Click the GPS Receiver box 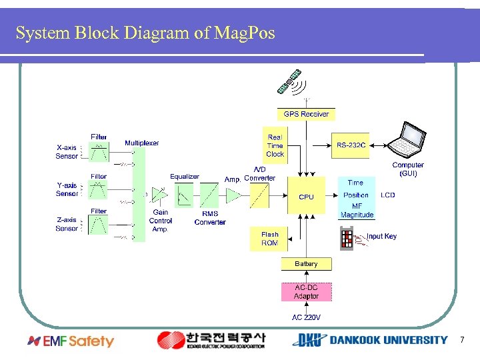click(x=306, y=114)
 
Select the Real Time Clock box click(x=275, y=145)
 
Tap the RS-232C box click(x=350, y=145)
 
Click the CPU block click(x=306, y=196)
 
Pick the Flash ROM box click(x=269, y=239)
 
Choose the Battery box click(x=306, y=264)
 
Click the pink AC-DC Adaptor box click(x=306, y=292)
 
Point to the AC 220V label click(x=306, y=317)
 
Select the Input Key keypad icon click(x=347, y=238)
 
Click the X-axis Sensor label click(x=67, y=152)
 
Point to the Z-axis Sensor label click(x=67, y=223)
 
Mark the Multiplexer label click(x=142, y=143)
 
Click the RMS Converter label click(x=210, y=218)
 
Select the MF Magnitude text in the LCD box click(x=357, y=211)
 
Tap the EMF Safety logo click(x=71, y=341)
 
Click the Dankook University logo click(x=369, y=340)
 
